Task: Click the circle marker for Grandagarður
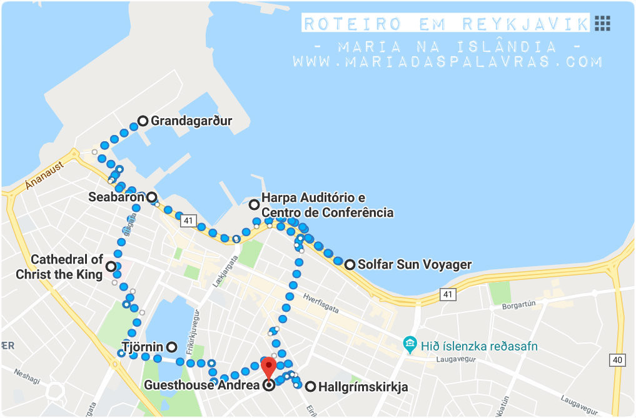[x=143, y=121]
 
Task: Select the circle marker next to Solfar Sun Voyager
[x=350, y=264]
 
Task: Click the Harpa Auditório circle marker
[x=254, y=204]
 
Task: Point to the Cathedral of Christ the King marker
[x=111, y=267]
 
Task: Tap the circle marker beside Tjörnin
[x=171, y=347]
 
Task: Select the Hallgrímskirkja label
[x=363, y=387]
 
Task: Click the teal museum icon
[x=410, y=344]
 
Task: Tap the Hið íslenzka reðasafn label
[x=476, y=346]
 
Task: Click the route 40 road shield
[x=618, y=359]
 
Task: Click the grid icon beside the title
[x=602, y=24]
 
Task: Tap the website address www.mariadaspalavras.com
[x=447, y=62]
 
